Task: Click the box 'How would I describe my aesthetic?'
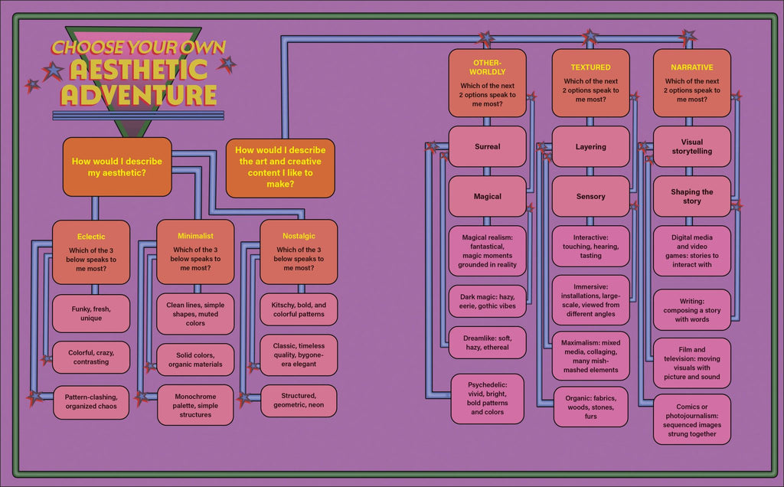tap(117, 167)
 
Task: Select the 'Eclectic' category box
tap(91, 252)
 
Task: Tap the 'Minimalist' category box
tap(195, 252)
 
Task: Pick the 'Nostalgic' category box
tap(299, 252)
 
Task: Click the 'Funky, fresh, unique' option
tap(91, 313)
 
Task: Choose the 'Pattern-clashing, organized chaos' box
tap(91, 402)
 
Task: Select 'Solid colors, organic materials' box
tap(195, 359)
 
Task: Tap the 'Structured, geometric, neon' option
tap(299, 400)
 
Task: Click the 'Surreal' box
tap(487, 146)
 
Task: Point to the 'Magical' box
tap(487, 197)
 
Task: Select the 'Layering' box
tap(590, 146)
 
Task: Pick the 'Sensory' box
tap(590, 197)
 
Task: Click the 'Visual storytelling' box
tap(691, 146)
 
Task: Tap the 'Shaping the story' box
tap(691, 197)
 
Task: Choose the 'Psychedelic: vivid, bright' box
tap(487, 398)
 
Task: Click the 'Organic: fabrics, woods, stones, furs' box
tap(590, 407)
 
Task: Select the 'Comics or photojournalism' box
tap(691, 420)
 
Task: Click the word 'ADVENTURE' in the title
tap(139, 95)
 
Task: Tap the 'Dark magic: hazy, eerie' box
tap(487, 301)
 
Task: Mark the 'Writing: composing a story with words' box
tap(691, 310)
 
